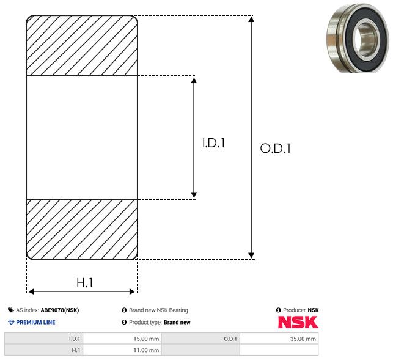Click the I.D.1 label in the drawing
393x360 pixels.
[213, 143]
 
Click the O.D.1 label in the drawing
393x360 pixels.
[276, 148]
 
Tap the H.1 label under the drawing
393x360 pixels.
[85, 283]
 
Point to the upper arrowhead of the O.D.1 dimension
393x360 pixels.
[251, 20]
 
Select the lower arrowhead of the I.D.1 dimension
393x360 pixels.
[194, 195]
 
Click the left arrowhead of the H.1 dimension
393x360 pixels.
[31, 292]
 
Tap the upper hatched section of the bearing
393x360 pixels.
[82, 45]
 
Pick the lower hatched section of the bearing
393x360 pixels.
[82, 229]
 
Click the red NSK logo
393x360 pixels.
[298, 322]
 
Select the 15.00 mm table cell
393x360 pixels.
[122, 339]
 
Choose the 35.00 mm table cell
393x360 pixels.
[279, 339]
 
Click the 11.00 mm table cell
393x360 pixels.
[122, 350]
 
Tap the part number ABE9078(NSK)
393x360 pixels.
[60, 310]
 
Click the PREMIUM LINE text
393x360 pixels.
[35, 322]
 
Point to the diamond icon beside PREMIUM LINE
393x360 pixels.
[11, 322]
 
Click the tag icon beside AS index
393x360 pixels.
[11, 310]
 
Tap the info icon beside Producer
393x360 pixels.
[279, 310]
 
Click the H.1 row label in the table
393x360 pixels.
[76, 350]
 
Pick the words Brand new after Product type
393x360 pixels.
[177, 322]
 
